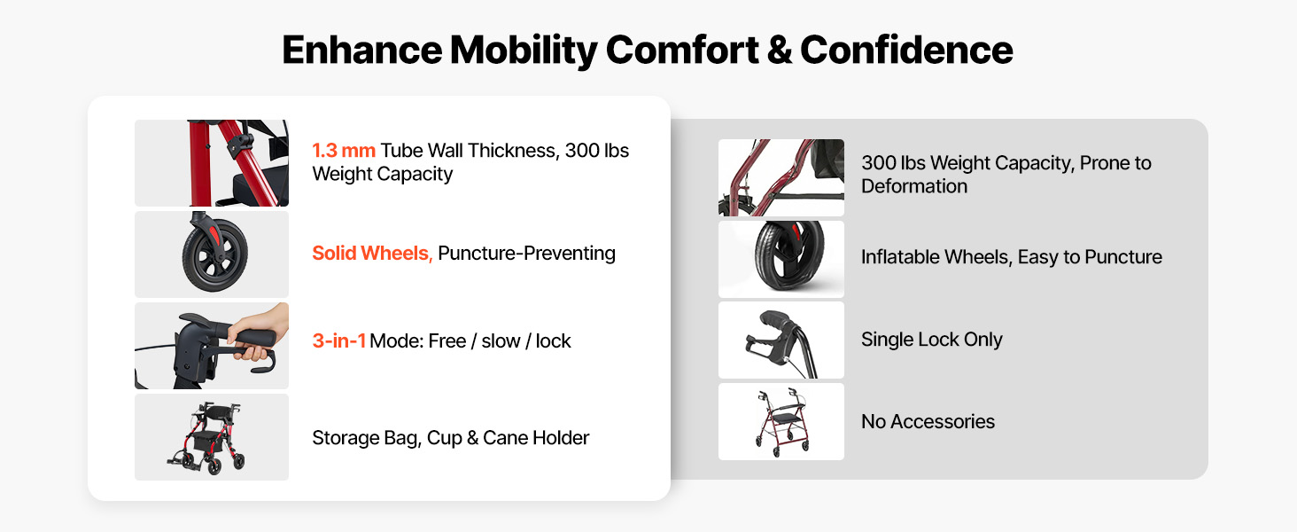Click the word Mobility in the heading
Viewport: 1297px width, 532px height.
pos(524,51)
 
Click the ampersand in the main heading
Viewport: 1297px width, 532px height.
pos(779,50)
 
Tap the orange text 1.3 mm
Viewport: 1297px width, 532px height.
pos(344,151)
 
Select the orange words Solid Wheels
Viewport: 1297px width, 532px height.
pos(372,254)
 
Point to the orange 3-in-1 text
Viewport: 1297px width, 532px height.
pos(338,340)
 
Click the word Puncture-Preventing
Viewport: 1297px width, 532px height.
pos(526,254)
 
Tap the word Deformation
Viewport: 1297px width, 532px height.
pos(913,186)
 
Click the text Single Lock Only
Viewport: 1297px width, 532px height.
pos(932,340)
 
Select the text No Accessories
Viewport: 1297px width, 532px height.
pos(928,421)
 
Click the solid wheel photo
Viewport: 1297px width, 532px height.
pos(212,254)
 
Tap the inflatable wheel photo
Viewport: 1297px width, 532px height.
pos(781,259)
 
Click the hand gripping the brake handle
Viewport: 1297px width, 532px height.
pos(260,333)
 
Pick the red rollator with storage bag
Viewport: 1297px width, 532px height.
pos(211,437)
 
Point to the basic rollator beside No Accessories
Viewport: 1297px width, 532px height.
pos(781,422)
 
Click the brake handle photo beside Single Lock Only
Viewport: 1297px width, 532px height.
pos(781,340)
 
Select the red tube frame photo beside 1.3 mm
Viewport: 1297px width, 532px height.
pos(212,163)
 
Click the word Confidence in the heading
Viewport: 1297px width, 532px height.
pos(906,50)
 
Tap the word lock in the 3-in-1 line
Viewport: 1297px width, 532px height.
pos(553,340)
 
